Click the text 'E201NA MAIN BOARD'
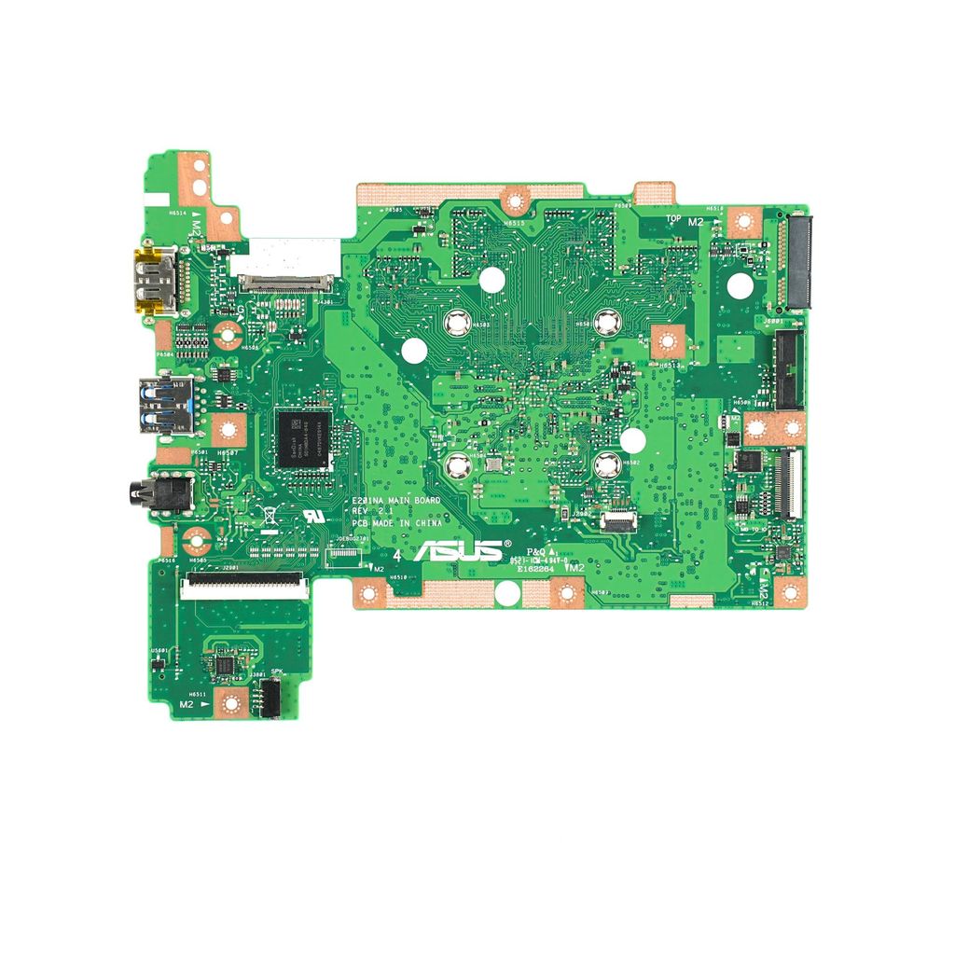click(396, 501)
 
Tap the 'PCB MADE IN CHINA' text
click(396, 524)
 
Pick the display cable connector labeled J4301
click(286, 280)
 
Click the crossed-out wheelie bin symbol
click(268, 514)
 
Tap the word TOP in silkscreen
click(673, 219)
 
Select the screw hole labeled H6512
click(789, 591)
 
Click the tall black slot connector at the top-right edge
click(799, 262)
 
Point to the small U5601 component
click(159, 661)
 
